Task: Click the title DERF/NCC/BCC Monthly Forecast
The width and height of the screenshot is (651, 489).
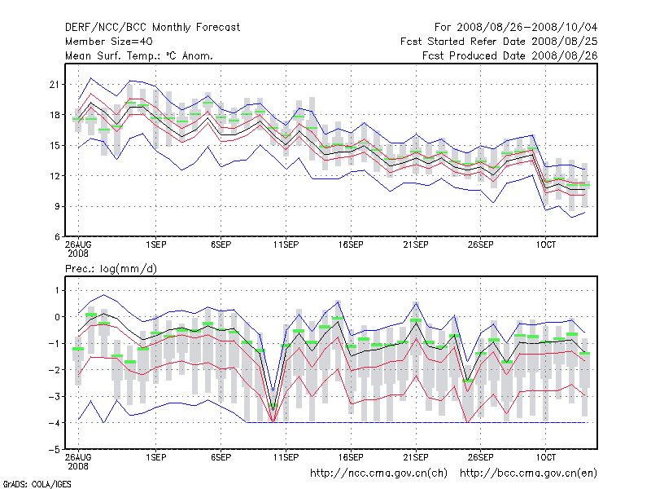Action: click(x=152, y=27)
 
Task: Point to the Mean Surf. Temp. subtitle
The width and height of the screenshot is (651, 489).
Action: click(x=139, y=55)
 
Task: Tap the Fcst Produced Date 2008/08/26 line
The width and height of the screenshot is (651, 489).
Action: click(x=510, y=55)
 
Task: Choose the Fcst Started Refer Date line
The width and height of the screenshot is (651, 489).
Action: click(x=499, y=42)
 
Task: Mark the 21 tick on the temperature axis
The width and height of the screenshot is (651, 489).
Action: click(x=55, y=84)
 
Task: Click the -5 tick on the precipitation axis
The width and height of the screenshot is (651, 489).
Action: click(x=55, y=449)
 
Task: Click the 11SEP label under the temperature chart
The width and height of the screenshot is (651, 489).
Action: click(x=286, y=244)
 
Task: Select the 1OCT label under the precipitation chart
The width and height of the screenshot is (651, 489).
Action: click(x=545, y=457)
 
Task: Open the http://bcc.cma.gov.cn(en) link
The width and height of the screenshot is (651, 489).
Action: click(x=529, y=473)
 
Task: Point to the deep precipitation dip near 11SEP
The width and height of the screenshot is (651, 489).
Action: click(x=273, y=420)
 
